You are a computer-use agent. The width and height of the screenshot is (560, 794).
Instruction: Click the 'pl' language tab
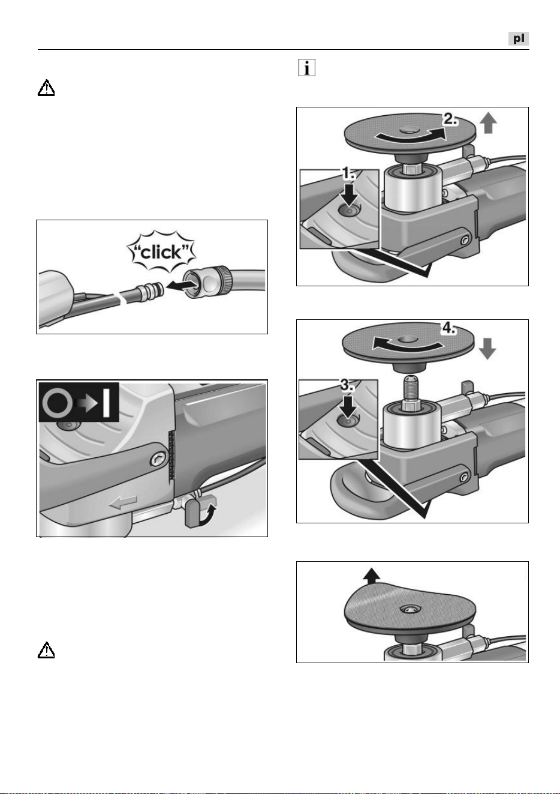[518, 38]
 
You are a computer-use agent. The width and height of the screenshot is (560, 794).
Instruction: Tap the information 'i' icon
[307, 67]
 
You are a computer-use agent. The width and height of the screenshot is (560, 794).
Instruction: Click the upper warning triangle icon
[46, 88]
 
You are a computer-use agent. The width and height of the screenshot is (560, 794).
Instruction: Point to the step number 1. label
[348, 173]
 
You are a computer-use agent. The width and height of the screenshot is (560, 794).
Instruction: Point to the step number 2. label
[450, 119]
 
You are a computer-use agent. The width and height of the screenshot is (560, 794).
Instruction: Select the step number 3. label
[348, 385]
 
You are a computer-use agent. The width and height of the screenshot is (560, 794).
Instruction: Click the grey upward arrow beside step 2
[488, 124]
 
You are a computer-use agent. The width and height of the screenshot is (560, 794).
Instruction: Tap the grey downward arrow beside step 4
[487, 349]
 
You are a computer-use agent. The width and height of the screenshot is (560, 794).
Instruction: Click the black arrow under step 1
[349, 193]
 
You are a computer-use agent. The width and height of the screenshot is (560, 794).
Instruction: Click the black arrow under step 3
[348, 406]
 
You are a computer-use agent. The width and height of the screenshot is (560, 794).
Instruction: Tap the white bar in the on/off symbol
[107, 402]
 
